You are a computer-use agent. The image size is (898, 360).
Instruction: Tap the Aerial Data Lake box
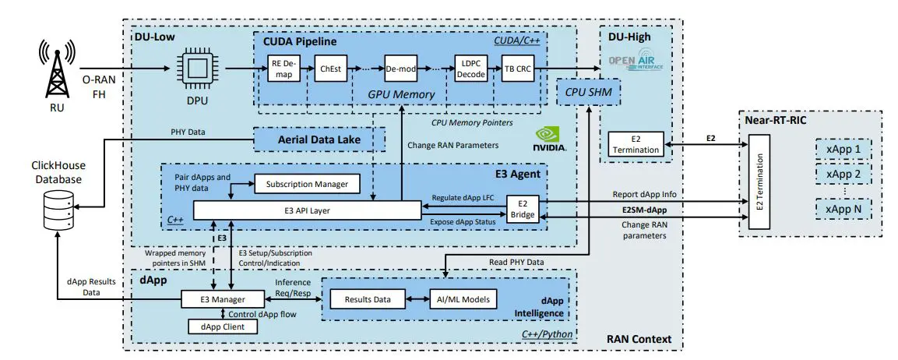[x=321, y=139]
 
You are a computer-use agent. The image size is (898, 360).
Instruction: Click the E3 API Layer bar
[x=307, y=210]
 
